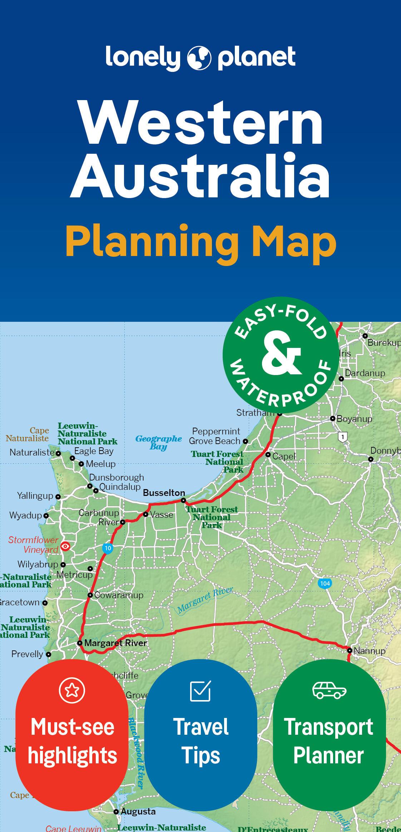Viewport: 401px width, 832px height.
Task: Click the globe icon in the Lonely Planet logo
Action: (x=199, y=57)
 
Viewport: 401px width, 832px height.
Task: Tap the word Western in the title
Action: (x=202, y=123)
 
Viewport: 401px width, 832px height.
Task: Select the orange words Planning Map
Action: (x=201, y=242)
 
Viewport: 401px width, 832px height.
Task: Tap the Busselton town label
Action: (x=164, y=493)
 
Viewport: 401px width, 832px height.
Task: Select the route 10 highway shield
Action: (x=108, y=548)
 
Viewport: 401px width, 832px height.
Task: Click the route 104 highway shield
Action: (x=325, y=584)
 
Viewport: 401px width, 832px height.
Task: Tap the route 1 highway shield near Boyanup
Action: (x=343, y=437)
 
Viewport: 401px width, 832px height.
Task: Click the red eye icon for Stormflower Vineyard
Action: (x=65, y=546)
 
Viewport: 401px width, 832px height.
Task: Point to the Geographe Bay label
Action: (x=158, y=442)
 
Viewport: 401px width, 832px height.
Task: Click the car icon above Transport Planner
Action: (x=329, y=690)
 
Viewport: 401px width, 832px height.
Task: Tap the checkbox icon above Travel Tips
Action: (x=200, y=691)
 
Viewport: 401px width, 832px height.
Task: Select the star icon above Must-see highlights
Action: (x=72, y=690)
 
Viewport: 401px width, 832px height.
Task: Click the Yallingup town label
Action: (x=35, y=496)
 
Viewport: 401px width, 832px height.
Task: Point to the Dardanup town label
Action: (x=365, y=373)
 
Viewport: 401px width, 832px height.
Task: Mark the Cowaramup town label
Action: (x=119, y=595)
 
